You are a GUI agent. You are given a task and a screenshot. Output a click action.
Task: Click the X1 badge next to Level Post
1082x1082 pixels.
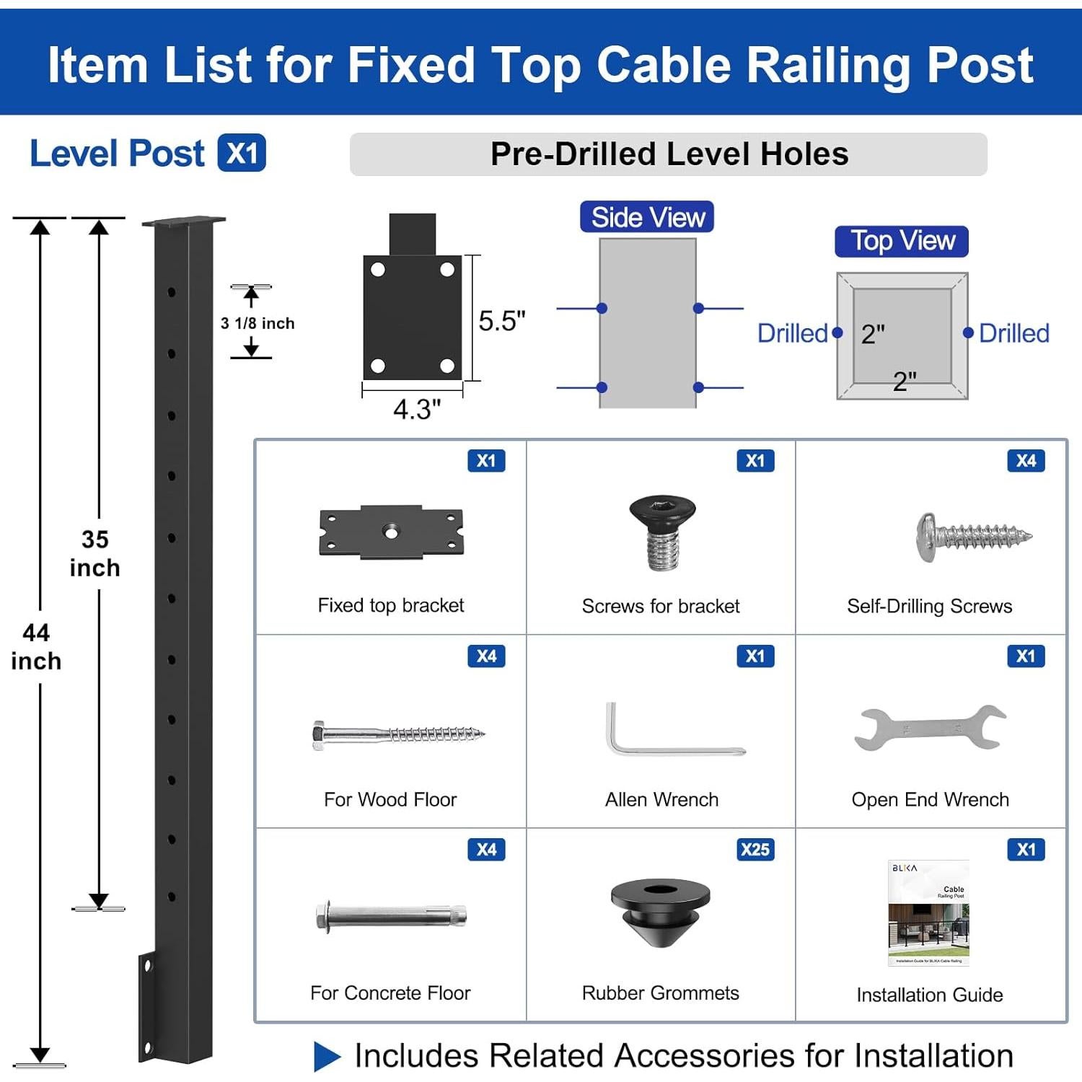(242, 153)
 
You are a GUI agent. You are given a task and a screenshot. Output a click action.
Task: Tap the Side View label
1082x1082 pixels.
(647, 217)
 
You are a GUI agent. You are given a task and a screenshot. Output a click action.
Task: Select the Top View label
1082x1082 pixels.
(902, 241)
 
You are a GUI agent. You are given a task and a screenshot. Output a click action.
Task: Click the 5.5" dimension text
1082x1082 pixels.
(502, 321)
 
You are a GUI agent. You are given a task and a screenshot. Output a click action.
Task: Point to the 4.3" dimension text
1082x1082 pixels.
(416, 409)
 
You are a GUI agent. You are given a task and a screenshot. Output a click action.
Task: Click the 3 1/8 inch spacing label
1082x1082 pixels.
(258, 323)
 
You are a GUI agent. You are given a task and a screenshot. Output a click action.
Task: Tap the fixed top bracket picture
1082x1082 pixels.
(391, 532)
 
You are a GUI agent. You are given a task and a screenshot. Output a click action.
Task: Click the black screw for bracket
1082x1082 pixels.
(661, 532)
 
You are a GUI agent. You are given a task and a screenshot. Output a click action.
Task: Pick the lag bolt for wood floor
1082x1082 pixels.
(398, 734)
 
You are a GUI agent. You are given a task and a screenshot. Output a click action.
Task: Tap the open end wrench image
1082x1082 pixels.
(930, 729)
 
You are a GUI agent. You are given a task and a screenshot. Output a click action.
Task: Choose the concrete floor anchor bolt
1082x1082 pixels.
(391, 916)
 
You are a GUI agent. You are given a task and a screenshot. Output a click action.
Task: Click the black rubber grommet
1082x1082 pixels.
(660, 911)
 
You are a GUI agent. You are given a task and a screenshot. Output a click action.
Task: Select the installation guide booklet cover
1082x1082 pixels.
(928, 912)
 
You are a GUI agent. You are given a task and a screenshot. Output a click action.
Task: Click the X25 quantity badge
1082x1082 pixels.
(755, 849)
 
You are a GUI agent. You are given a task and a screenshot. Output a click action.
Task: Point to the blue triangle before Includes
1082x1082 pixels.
(327, 1056)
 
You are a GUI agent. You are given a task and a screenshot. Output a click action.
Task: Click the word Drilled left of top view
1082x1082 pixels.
(792, 333)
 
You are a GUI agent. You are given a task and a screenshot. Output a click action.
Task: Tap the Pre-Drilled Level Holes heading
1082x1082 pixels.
(669, 154)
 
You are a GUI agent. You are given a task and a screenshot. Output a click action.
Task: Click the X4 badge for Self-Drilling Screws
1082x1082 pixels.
(1026, 461)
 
